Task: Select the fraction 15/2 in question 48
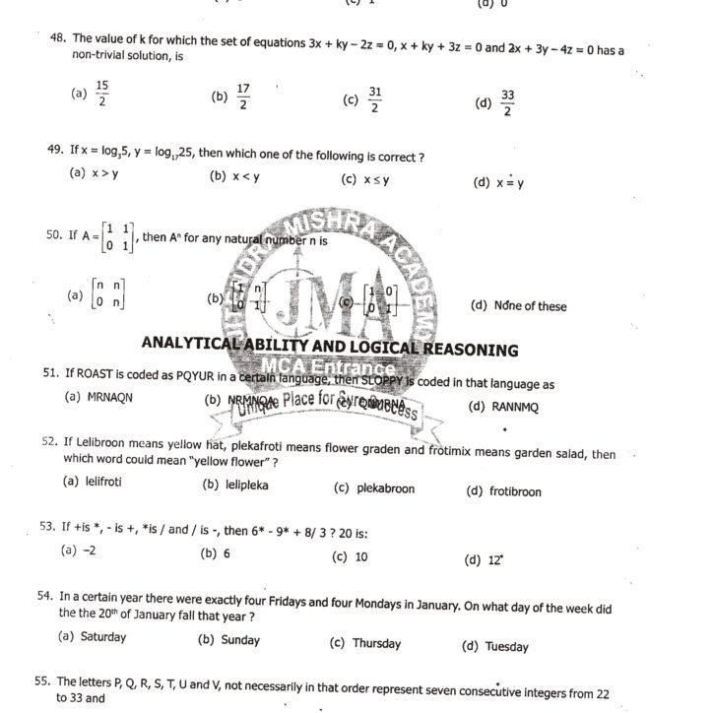pyautogui.click(x=101, y=94)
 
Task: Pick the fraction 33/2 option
pyautogui.click(x=507, y=102)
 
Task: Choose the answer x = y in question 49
pyautogui.click(x=510, y=182)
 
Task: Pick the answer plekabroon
pyautogui.click(x=385, y=488)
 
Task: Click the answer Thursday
pyautogui.click(x=376, y=644)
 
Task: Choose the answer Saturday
pyautogui.click(x=102, y=637)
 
